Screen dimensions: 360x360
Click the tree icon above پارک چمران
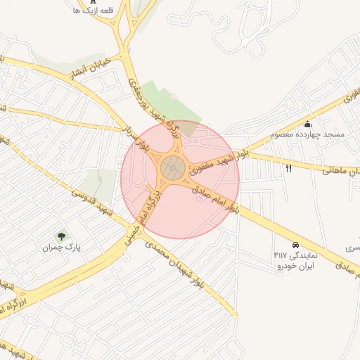pyautogui.click(x=61, y=236)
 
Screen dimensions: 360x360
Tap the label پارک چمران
pyautogui.click(x=58, y=247)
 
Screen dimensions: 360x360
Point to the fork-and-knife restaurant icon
pyautogui.click(x=288, y=169)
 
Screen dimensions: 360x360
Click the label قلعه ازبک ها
pyautogui.click(x=92, y=12)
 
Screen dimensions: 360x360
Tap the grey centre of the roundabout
pyautogui.click(x=173, y=168)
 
